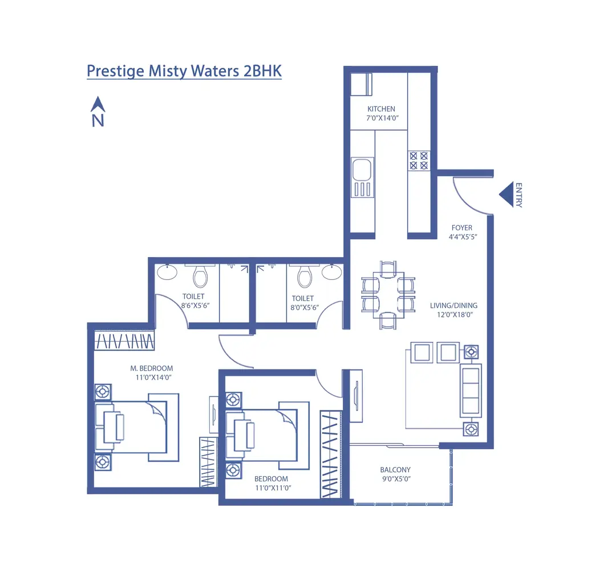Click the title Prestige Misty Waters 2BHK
184,71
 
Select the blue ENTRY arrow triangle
506,194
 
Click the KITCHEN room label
381,109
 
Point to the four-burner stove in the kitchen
418,160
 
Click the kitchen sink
362,170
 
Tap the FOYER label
461,228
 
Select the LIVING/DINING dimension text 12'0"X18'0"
453,314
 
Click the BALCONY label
395,470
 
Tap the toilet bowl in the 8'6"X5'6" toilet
200,277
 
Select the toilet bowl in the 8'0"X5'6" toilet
305,277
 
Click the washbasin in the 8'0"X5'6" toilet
331,273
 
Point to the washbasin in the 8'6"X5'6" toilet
167,273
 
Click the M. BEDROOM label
151,368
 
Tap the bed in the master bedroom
137,428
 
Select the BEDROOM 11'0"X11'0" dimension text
271,488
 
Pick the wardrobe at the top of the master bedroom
124,341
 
